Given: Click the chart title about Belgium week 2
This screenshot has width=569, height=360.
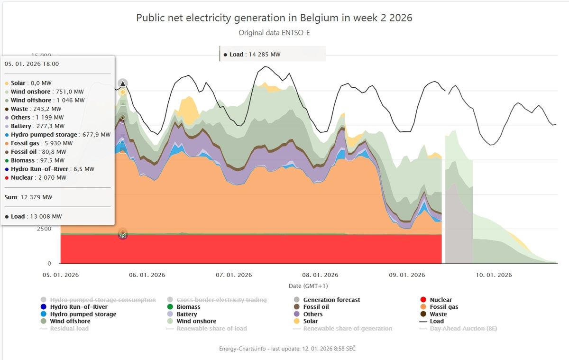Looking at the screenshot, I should click(274, 18).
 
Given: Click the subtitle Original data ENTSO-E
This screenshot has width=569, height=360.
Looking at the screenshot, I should click(274, 33).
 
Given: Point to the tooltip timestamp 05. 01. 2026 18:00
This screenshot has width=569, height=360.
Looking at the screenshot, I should click(32, 64).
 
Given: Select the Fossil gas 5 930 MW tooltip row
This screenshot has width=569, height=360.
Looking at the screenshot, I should click(42, 143).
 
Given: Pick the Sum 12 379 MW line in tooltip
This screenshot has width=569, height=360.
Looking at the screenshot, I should click(28, 197).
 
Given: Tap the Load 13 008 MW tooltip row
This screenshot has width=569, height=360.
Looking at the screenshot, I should click(33, 217).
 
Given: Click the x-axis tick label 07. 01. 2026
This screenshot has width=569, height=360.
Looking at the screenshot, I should click(234, 275).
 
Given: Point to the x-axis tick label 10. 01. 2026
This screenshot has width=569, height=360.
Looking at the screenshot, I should click(494, 275).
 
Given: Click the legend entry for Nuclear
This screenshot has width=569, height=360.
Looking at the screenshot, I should click(441, 300).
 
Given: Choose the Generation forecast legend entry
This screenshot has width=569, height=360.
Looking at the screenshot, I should click(331, 300).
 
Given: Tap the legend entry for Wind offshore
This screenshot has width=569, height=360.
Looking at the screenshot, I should click(70, 321).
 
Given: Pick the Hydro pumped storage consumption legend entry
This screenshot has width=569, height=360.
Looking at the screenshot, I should click(102, 300).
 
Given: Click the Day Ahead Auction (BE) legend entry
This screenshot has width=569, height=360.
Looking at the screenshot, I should click(463, 328).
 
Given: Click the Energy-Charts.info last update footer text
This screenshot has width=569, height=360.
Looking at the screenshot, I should click(287, 349).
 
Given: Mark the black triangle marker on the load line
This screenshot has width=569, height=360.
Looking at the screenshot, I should click(123, 84).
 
